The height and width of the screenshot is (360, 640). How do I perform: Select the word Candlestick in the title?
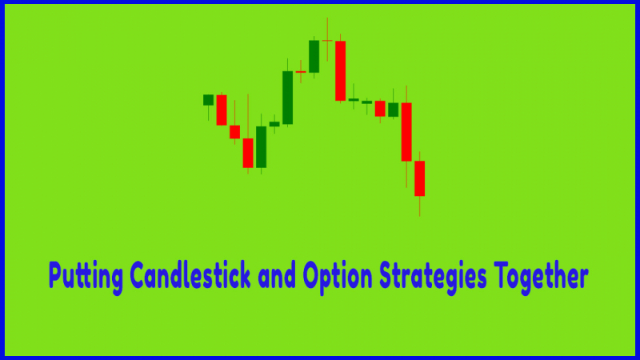(x=190, y=275)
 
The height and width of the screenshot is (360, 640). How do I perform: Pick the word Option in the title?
(x=338, y=278)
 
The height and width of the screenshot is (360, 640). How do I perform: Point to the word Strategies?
(x=433, y=278)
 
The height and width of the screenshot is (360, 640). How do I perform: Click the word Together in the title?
(x=541, y=278)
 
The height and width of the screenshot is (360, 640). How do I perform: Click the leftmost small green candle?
(x=208, y=100)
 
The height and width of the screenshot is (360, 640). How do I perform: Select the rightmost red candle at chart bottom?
(x=419, y=178)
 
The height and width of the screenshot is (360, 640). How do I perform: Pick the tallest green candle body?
(x=287, y=98)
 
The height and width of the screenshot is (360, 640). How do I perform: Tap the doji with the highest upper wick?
(x=327, y=41)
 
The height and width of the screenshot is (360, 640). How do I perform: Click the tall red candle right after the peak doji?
(x=341, y=70)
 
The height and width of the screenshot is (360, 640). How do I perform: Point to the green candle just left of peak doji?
(x=314, y=56)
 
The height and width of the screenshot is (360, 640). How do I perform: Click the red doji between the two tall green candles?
(x=301, y=72)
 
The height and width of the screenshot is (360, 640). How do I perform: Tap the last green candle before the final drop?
(x=393, y=110)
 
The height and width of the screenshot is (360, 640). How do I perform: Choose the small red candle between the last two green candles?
(x=380, y=109)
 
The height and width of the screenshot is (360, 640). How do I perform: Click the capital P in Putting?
(x=54, y=274)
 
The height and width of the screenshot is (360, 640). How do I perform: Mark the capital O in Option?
(x=312, y=275)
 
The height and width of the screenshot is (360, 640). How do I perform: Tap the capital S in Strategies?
(x=387, y=275)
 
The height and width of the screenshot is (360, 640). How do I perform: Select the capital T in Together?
(x=502, y=274)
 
